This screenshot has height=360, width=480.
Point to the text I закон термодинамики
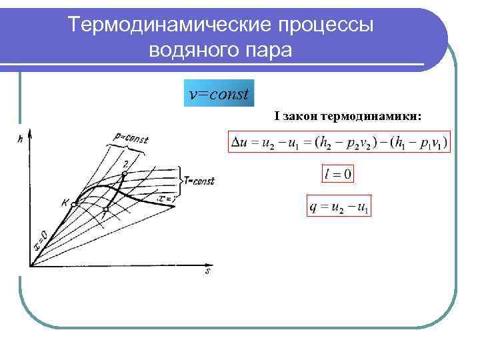[347, 116]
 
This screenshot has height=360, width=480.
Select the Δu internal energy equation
[339, 142]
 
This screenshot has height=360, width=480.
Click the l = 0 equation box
[339, 175]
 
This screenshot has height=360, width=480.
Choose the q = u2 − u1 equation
[339, 207]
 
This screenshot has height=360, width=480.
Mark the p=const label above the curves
[129, 139]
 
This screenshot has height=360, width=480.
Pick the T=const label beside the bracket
[199, 180]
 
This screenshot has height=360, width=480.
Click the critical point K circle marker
[76, 203]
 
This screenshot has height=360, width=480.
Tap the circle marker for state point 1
[105, 209]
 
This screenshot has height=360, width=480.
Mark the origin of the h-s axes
[29, 265]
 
